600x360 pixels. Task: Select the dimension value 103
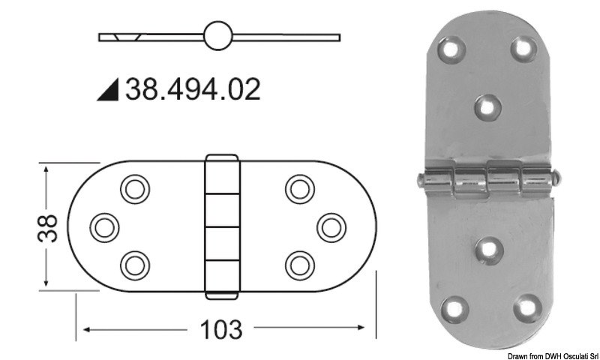coord(221,328)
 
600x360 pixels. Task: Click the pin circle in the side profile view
coord(218,36)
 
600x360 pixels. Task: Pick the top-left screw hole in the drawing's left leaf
coord(135,188)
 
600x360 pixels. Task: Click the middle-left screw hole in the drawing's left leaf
coord(103,225)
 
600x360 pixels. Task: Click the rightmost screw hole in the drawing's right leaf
coord(330,225)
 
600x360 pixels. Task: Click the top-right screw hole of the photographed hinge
coord(523,48)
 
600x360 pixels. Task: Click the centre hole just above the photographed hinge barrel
coord(488,107)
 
